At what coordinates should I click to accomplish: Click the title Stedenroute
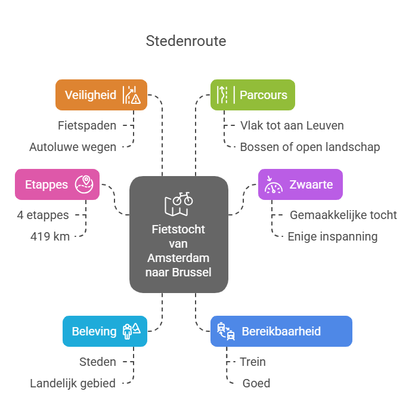point(186,41)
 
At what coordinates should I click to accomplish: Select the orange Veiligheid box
point(101,95)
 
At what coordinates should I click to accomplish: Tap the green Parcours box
point(252,95)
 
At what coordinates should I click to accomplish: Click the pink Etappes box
point(57,184)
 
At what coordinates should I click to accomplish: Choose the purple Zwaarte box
point(300,184)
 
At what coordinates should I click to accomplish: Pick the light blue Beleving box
point(104,331)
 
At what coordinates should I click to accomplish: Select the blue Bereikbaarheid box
point(281,331)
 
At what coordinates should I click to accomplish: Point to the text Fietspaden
point(87,125)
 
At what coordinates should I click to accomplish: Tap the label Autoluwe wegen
point(73,147)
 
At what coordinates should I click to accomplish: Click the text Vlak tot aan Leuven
point(292,125)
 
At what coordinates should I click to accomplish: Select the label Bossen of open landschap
point(309,147)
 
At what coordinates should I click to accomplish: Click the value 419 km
point(50,236)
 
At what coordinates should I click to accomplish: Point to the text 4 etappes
point(43,215)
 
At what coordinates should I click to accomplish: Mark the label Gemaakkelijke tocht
point(343,215)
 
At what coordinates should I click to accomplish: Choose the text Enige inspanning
point(332,236)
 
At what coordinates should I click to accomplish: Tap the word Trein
point(253,362)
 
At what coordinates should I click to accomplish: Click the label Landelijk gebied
point(73,383)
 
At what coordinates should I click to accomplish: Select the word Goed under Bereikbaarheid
point(256,383)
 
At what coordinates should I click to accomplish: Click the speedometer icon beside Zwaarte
point(274,184)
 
